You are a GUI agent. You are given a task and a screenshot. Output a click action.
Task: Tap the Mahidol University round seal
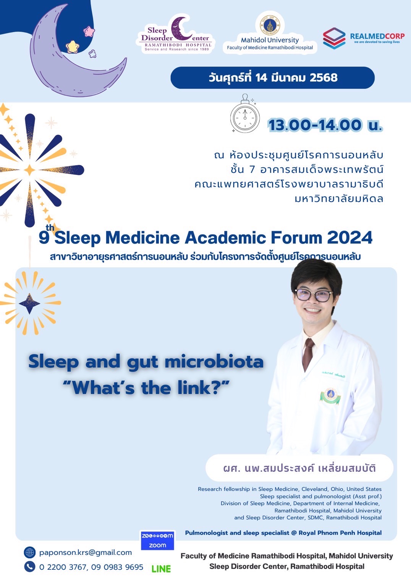click(x=270, y=25)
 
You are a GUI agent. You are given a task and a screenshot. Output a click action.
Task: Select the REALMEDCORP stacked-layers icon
click(x=334, y=38)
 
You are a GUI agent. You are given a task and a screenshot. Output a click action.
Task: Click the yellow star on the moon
click(x=72, y=47)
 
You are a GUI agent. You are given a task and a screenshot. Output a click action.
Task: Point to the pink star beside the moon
click(x=89, y=31)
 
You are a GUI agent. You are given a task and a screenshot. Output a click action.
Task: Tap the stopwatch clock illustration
click(x=245, y=114)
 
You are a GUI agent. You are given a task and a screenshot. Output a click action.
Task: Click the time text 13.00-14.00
click(x=315, y=125)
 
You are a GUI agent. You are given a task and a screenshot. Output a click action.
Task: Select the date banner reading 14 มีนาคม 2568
click(x=272, y=78)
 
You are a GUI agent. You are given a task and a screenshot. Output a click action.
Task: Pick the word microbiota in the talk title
click(x=214, y=362)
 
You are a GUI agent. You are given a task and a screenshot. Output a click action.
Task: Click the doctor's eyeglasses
click(x=314, y=295)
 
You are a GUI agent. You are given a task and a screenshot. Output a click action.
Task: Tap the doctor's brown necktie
click(x=308, y=354)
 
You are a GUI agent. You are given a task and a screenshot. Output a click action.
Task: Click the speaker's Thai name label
click(x=299, y=468)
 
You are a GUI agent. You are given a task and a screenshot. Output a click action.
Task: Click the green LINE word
click(x=161, y=569)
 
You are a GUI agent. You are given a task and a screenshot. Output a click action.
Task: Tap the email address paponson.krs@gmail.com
click(x=85, y=553)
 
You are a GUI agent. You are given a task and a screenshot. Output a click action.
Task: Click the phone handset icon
click(x=29, y=567)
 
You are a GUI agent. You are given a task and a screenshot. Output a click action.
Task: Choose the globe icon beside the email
click(x=29, y=553)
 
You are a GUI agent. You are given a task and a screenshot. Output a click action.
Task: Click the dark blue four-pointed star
click(x=29, y=303)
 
